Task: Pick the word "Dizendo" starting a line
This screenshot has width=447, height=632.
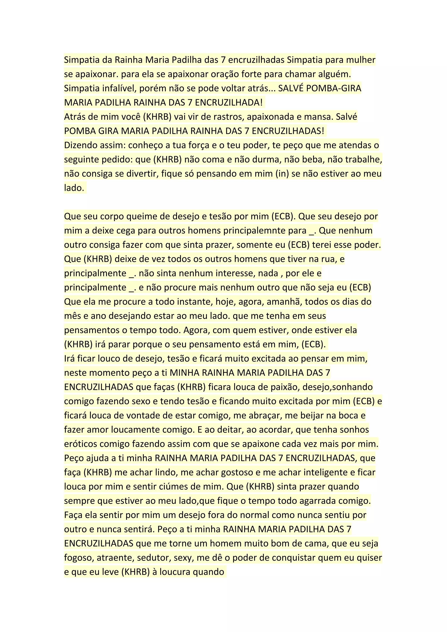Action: click(80, 145)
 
